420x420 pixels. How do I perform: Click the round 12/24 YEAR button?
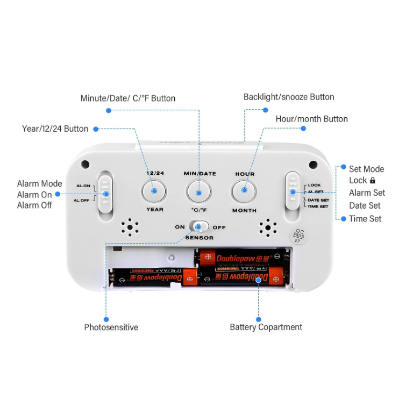click(x=154, y=191)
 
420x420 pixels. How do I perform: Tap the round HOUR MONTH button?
click(x=244, y=190)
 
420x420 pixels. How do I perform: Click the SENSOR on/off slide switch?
click(x=199, y=227)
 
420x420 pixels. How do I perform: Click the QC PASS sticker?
click(x=298, y=236)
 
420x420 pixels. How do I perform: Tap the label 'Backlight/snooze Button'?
click(x=289, y=97)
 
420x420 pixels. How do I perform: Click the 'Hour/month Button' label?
click(x=311, y=119)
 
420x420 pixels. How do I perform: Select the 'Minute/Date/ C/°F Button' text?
click(x=128, y=98)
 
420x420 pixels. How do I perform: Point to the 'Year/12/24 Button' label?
click(x=55, y=129)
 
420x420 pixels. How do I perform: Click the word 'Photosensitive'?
click(x=111, y=327)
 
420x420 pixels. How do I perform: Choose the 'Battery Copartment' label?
click(x=266, y=327)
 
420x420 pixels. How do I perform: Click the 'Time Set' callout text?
click(x=365, y=218)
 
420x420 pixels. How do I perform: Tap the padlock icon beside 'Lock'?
click(x=373, y=181)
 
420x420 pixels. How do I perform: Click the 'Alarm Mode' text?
click(x=39, y=184)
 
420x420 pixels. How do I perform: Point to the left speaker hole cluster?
click(x=130, y=227)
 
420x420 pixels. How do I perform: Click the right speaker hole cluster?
click(x=267, y=227)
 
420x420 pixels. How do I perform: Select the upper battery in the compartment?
click(x=242, y=258)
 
